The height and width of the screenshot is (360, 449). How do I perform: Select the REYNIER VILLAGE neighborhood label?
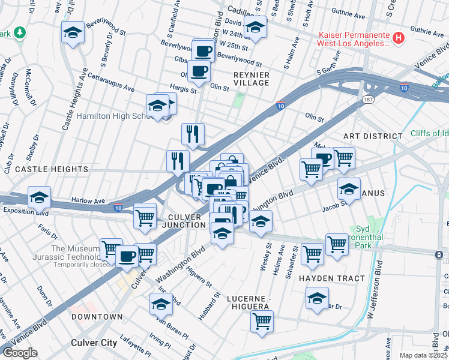pos(252,78)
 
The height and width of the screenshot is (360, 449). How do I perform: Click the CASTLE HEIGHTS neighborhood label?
pos(51,170)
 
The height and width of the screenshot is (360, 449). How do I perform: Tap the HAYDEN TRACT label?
pos(331,278)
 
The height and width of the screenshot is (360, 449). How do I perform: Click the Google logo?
pos(20,353)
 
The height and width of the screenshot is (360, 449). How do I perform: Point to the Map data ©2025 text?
pos(423,355)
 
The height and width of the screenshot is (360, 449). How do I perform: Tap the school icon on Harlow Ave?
pos(39,197)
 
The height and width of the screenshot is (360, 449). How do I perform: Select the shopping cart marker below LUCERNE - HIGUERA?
pos(262,322)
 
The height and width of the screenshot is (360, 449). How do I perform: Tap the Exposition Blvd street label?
pos(26,211)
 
